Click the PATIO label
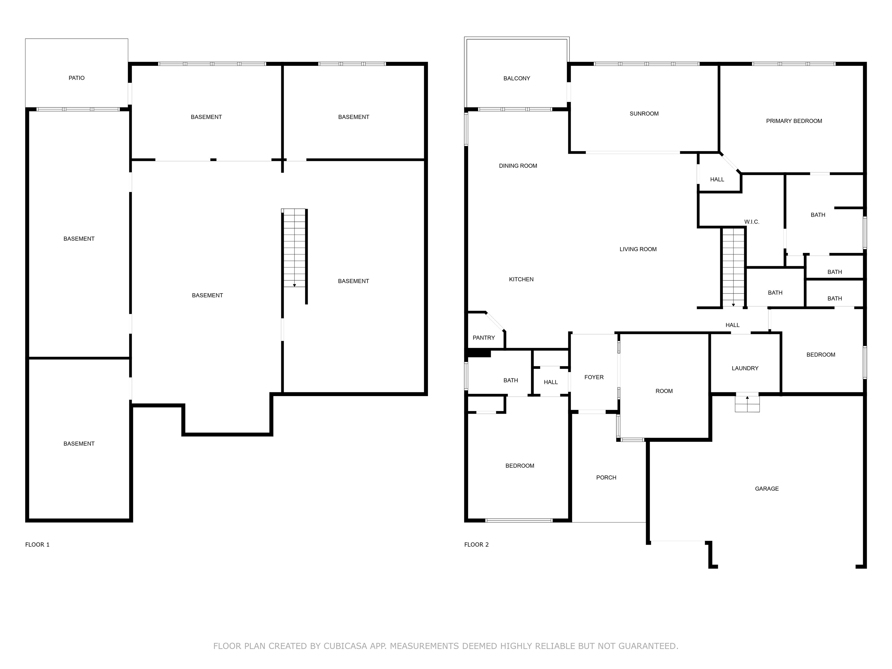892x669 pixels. pyautogui.click(x=77, y=78)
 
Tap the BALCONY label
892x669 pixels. pyautogui.click(x=517, y=78)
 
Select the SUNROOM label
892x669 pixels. pyautogui.click(x=644, y=114)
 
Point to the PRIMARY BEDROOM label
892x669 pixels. pyautogui.click(x=794, y=121)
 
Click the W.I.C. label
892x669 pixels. pyautogui.click(x=752, y=222)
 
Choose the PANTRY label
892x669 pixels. pyautogui.click(x=483, y=338)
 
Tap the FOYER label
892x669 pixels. pyautogui.click(x=594, y=377)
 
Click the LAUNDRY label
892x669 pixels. pyautogui.click(x=745, y=368)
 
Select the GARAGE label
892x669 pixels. pyautogui.click(x=767, y=489)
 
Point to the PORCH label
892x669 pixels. pyautogui.click(x=606, y=477)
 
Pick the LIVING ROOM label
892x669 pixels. pyautogui.click(x=638, y=249)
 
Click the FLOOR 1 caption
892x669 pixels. pyautogui.click(x=37, y=544)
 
